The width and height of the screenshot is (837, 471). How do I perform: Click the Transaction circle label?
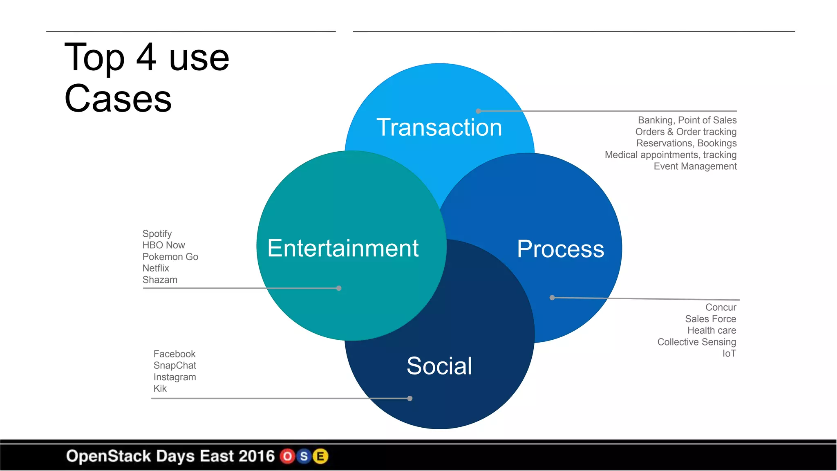[439, 127]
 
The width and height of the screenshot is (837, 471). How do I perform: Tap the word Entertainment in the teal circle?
[343, 248]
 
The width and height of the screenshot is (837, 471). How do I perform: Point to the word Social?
[439, 366]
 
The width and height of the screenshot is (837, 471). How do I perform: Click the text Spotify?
[157, 234]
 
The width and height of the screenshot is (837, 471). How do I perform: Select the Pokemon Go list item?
[170, 257]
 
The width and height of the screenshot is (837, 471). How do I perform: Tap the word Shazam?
[160, 280]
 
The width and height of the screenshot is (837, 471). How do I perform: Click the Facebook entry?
[174, 354]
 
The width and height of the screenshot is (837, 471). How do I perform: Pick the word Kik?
[160, 388]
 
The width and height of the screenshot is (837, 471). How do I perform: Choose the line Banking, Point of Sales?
[687, 120]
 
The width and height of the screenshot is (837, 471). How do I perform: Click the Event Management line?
[695, 166]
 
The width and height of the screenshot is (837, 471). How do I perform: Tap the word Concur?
[721, 307]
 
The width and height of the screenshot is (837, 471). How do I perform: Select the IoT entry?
[729, 354]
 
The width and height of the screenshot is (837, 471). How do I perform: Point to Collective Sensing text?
[696, 342]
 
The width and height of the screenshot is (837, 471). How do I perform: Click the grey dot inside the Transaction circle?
[478, 111]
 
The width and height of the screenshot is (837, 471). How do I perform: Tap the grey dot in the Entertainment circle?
[339, 288]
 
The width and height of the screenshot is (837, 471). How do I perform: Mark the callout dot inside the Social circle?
[410, 398]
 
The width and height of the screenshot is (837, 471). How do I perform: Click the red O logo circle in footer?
[288, 456]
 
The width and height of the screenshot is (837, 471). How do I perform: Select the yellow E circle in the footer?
[321, 456]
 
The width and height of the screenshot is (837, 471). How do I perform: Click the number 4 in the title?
[146, 57]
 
